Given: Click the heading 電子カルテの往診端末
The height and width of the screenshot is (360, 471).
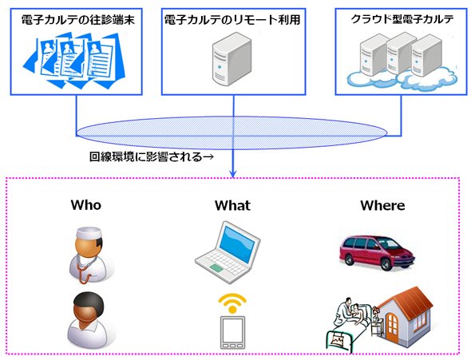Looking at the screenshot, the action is tap(78, 20).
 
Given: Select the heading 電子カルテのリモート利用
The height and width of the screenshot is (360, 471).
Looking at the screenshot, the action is tap(232, 20).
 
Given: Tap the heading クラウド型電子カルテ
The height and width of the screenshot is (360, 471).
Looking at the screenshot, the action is tap(402, 19).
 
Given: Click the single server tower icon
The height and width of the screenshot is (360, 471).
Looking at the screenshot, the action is tap(232, 59).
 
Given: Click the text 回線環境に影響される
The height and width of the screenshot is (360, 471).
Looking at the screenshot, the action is tap(145, 156).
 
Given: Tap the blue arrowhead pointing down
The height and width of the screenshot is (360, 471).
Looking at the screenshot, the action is tap(233, 173).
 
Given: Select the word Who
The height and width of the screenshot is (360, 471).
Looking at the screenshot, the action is tap(86, 205).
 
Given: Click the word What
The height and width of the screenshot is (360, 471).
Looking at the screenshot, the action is tap(232, 205).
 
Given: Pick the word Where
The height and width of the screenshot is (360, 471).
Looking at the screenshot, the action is tap(382, 205).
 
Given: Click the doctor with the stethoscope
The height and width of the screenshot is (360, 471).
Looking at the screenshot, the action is tap(89, 255).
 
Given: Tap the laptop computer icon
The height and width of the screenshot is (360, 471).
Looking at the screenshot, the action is tap(228, 251).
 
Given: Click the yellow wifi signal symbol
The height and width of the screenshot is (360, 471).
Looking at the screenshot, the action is tap(232, 303).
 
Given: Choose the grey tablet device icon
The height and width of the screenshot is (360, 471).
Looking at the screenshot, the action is tap(232, 332).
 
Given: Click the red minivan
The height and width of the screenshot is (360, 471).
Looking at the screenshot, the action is tap(377, 253).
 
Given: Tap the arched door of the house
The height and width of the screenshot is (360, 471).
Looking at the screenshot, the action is tap(392, 325).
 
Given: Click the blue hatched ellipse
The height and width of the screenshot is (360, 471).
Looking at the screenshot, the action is tap(232, 133).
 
